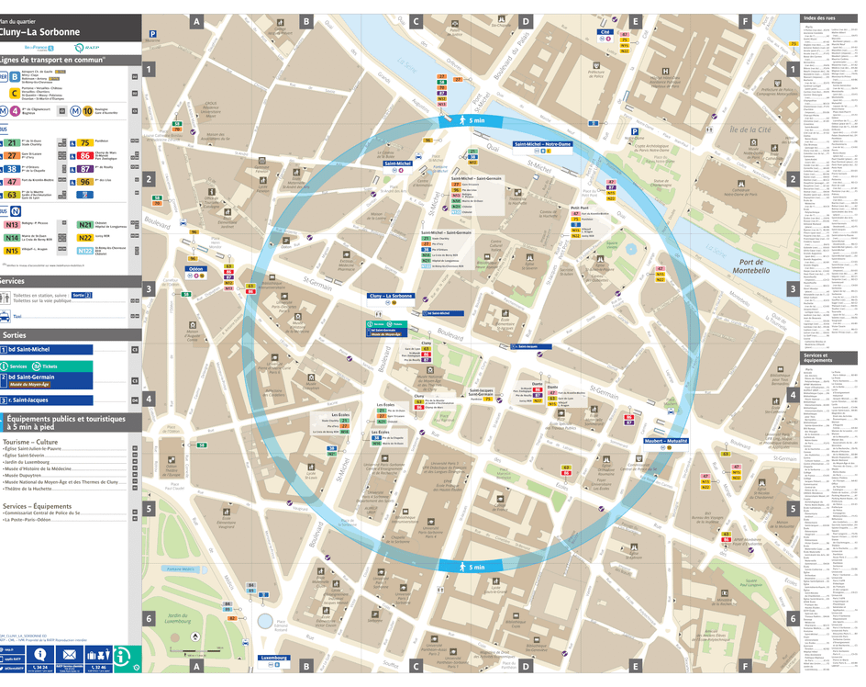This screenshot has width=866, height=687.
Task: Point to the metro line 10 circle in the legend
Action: point(87,111)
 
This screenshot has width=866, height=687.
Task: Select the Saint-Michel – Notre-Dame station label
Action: point(544,144)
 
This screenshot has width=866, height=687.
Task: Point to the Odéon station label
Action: point(195,269)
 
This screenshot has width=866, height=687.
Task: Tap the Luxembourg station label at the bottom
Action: point(274,658)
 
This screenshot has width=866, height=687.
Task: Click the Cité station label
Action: point(605,32)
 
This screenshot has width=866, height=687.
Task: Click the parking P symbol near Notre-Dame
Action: point(633,132)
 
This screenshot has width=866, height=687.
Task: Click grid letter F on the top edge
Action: point(745,20)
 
